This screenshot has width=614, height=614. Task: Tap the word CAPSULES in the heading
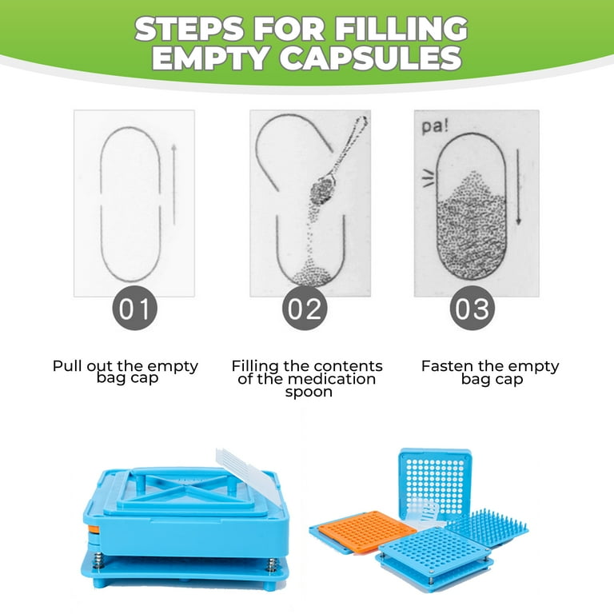(x=370, y=58)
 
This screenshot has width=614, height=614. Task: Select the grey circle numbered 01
(x=134, y=308)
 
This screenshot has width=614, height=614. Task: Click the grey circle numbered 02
(x=305, y=308)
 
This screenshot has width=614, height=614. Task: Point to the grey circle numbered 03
(x=472, y=308)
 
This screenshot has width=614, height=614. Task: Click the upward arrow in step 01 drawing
(x=174, y=185)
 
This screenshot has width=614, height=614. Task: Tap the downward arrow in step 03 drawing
(x=518, y=187)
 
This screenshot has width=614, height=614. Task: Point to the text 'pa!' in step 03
(x=435, y=127)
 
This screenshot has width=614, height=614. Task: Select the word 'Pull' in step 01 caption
(x=67, y=366)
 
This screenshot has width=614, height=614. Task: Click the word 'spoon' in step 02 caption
(x=309, y=392)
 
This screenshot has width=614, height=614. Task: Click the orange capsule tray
(x=367, y=531)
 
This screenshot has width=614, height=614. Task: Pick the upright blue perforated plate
(x=435, y=484)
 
